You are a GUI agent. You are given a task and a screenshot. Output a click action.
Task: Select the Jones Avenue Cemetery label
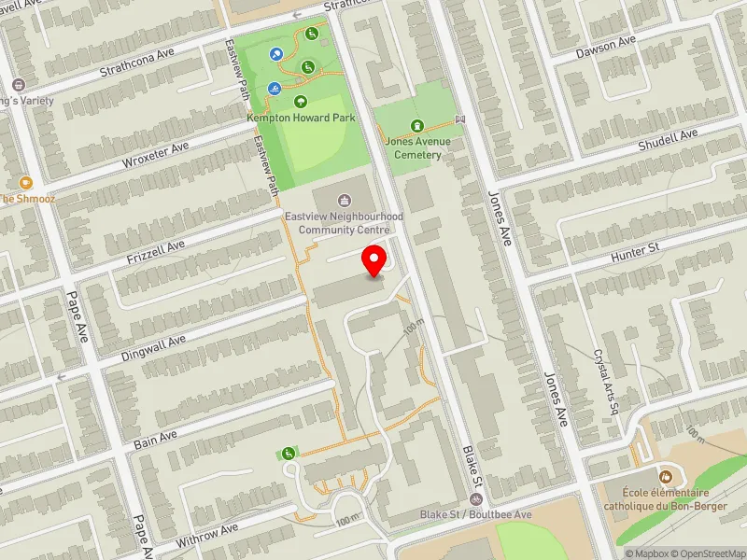point(417,147)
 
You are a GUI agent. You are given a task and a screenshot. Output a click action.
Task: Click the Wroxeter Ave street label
point(155,155)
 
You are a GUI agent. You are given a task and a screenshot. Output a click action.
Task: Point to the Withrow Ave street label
point(206,535)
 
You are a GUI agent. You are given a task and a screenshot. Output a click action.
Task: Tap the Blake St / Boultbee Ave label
point(475,514)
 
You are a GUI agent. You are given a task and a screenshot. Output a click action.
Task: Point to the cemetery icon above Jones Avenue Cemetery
point(417,126)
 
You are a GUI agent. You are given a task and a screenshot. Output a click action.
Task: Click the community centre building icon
point(344,199)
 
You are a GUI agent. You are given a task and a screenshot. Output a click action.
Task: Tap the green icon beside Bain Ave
point(289,454)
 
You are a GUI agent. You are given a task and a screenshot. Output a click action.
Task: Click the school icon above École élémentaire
point(667,475)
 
